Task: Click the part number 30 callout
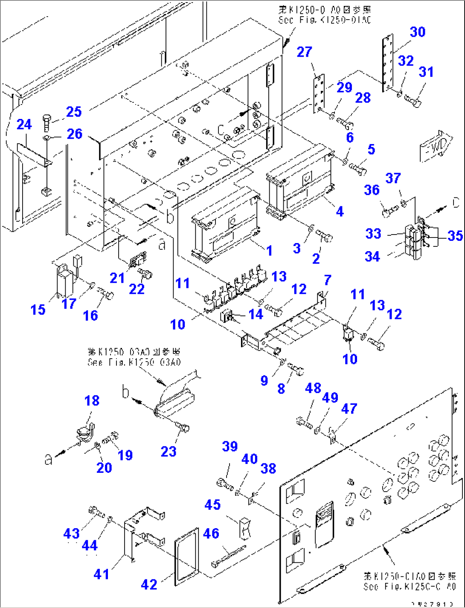tap(418, 32)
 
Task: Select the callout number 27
tap(304, 52)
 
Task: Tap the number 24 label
tap(24, 124)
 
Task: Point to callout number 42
tap(149, 584)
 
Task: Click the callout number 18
tap(92, 401)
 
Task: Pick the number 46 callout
tap(211, 533)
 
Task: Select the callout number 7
tap(327, 280)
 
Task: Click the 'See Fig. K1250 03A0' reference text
tap(134, 362)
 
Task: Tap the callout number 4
tap(340, 211)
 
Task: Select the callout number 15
tap(38, 310)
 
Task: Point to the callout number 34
tap(372, 257)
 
